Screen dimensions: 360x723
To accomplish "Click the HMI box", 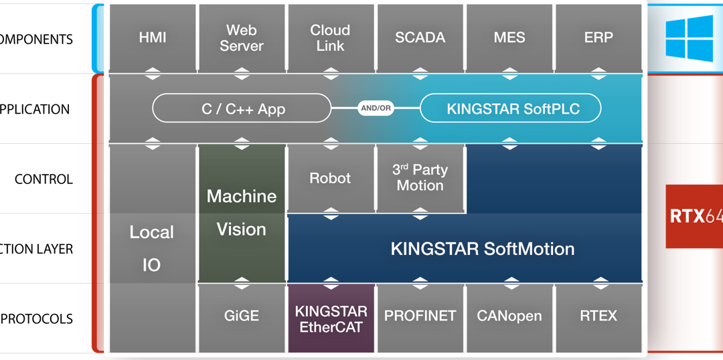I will [153, 38].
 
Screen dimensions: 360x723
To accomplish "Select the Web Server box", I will [242, 38].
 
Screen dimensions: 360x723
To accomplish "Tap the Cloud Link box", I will [331, 38].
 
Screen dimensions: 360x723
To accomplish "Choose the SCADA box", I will [420, 38].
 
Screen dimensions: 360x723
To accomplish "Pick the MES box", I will [509, 38].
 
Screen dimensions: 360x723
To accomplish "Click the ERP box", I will [598, 38].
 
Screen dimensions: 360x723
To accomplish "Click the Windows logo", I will [689, 38].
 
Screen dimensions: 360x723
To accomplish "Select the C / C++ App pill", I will [242, 108].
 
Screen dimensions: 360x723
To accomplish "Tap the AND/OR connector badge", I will [376, 108].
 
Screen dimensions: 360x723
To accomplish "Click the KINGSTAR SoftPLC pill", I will [510, 108].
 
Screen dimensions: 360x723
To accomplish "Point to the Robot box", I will [331, 179].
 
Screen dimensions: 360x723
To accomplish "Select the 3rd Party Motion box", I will [420, 178].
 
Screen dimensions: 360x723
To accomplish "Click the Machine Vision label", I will [242, 213].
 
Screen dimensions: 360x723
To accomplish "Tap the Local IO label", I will [152, 248].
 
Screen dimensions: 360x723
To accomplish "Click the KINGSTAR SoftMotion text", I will [482, 249].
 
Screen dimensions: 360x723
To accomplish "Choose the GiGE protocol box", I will [242, 317].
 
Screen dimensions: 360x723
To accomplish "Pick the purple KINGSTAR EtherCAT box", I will [331, 319].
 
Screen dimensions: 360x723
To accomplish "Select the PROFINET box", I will [420, 317].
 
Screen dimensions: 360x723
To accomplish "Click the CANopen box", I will [509, 317].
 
